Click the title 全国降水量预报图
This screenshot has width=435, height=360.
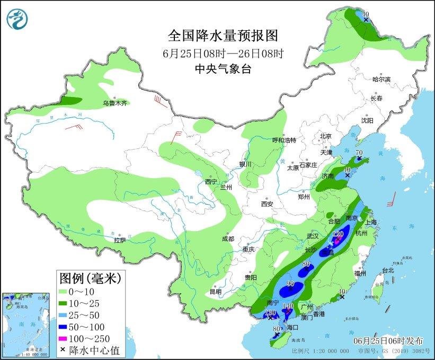223,36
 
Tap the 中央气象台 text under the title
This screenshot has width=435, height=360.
223,68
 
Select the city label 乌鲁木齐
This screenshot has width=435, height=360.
115,103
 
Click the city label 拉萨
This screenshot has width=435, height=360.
120,240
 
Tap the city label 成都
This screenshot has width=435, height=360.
228,239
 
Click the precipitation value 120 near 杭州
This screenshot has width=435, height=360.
339,234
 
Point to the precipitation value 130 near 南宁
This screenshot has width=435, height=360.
270,313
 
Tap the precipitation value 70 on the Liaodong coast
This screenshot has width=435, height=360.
359,153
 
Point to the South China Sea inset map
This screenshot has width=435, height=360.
26,323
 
